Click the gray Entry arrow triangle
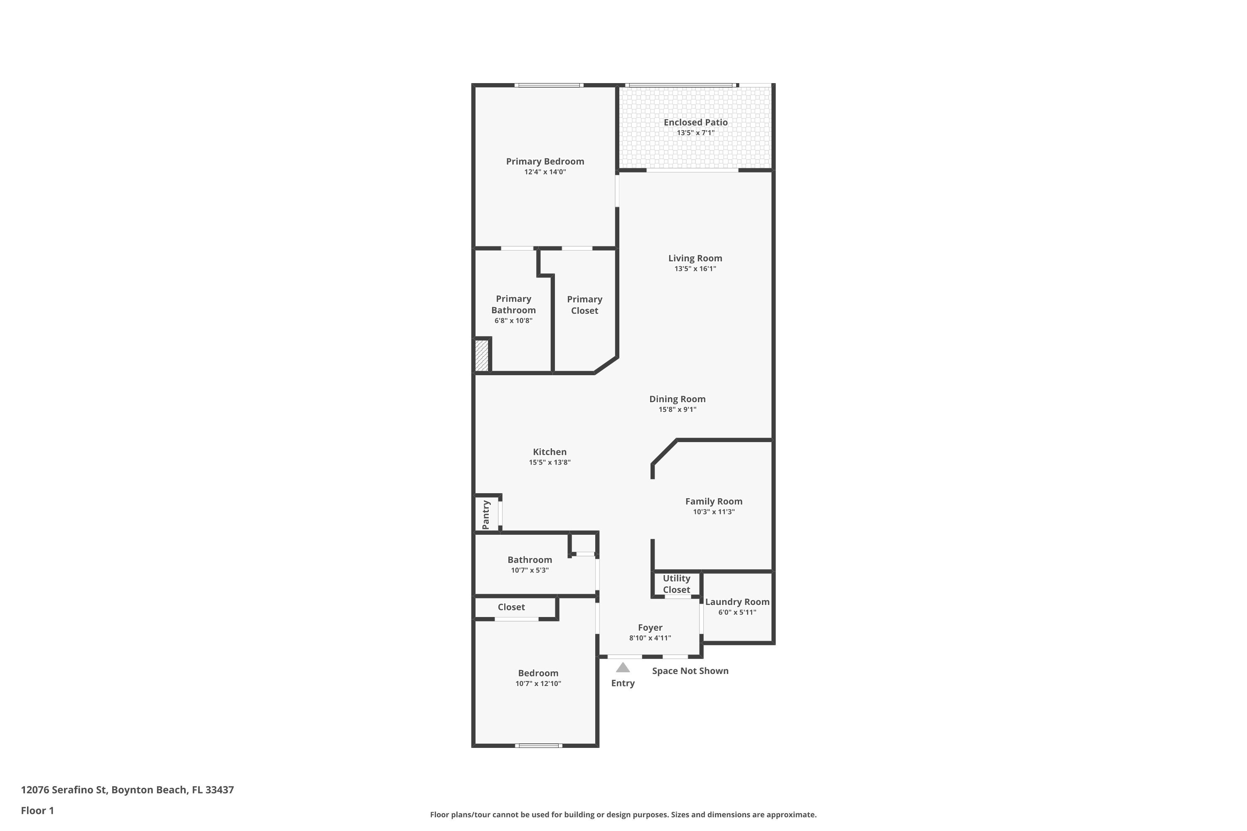pyautogui.click(x=623, y=667)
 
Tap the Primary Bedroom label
pyautogui.click(x=545, y=161)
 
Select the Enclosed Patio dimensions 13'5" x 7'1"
pyautogui.click(x=695, y=133)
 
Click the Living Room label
pyautogui.click(x=695, y=258)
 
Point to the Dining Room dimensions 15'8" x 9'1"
pyautogui.click(x=678, y=409)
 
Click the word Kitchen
pyautogui.click(x=550, y=452)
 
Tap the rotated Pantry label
pyautogui.click(x=485, y=515)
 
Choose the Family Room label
pyautogui.click(x=714, y=502)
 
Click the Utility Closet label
pyautogui.click(x=677, y=583)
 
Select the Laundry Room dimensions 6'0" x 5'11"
pyautogui.click(x=737, y=612)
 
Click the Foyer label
pyautogui.click(x=650, y=627)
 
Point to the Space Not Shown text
pyautogui.click(x=690, y=671)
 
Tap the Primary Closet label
pyautogui.click(x=585, y=305)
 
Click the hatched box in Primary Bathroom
pyautogui.click(x=481, y=356)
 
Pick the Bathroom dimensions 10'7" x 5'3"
pyautogui.click(x=530, y=570)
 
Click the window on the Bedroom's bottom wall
pyautogui.click(x=539, y=746)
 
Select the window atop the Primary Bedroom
pyautogui.click(x=549, y=85)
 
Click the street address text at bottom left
pyautogui.click(x=127, y=790)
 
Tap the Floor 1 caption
pyautogui.click(x=38, y=810)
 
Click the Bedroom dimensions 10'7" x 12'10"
pyautogui.click(x=538, y=683)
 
